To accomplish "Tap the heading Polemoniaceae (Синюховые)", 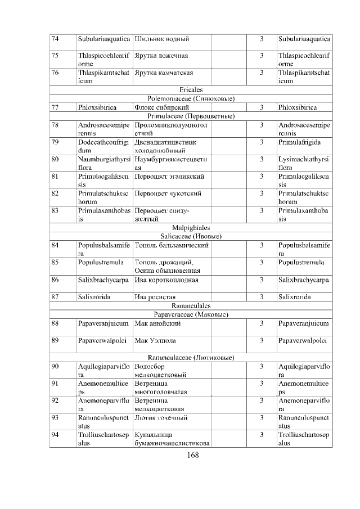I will [x=191, y=98].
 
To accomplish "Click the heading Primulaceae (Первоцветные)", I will [x=191, y=116].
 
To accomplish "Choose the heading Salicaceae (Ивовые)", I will [x=191, y=237].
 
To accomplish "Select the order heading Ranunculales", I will [x=191, y=305].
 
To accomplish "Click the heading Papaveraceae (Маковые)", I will [x=191, y=314].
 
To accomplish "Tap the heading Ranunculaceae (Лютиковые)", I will [x=191, y=357].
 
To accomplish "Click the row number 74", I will [x=55, y=39].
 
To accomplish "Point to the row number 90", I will [x=55, y=366].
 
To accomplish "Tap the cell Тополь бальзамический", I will [x=172, y=245].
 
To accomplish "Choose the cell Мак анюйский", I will [x=154, y=323].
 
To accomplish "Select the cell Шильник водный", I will [x=161, y=39].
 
